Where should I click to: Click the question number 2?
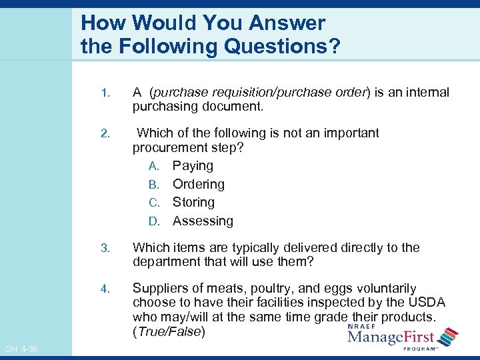coord(103,134)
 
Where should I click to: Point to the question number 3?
coord(103,248)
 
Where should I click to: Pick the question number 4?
coord(103,289)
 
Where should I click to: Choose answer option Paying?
coord(193,166)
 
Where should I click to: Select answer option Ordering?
coord(198,184)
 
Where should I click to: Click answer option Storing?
coord(193,202)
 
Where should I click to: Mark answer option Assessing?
coord(203,221)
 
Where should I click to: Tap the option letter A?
coord(153,166)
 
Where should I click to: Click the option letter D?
coord(153,221)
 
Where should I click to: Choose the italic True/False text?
coord(169,331)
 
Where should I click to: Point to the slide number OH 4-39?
coord(20,349)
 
